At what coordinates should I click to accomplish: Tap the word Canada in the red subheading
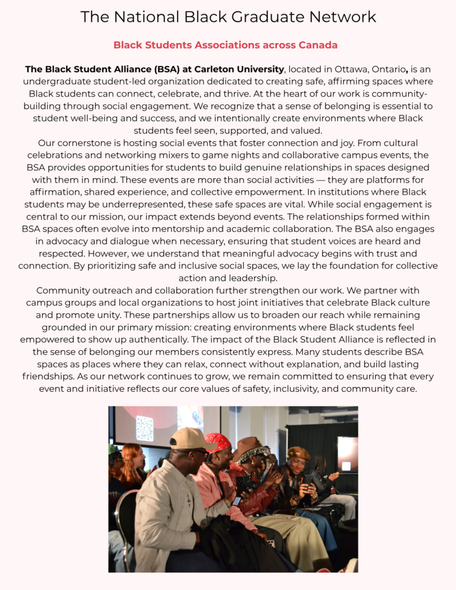(318, 45)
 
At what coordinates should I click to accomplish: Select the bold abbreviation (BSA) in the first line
(150, 70)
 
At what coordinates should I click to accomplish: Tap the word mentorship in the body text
(223, 229)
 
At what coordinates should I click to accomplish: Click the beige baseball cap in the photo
(191, 440)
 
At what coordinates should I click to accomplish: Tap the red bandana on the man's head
(218, 442)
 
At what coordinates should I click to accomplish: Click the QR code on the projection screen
(145, 428)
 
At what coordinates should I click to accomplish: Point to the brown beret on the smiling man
(299, 453)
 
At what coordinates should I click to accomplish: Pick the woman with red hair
(133, 458)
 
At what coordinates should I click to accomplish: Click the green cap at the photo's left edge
(113, 449)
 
